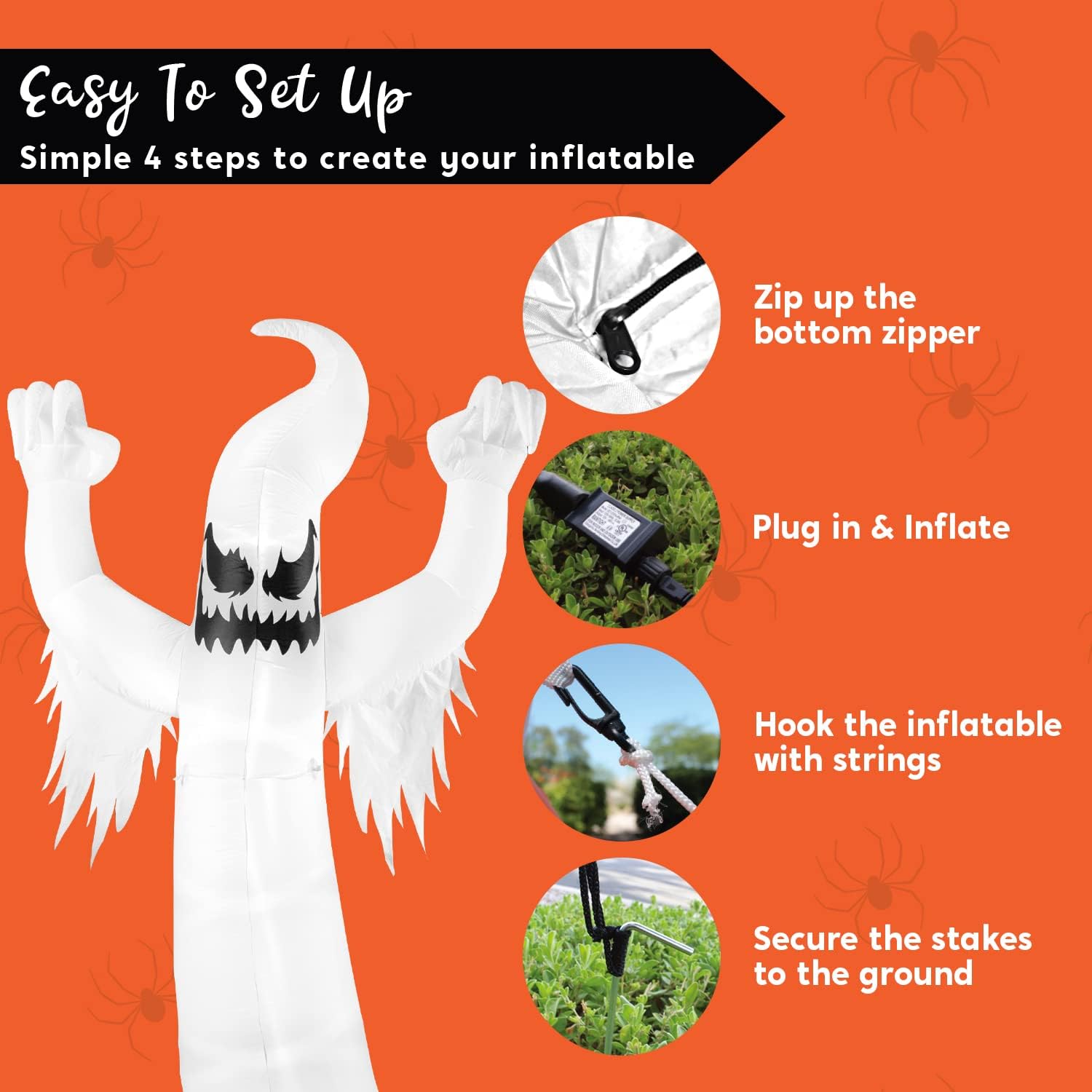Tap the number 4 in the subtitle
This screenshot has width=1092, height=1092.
click(152, 158)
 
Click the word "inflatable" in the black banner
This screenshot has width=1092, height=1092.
click(612, 158)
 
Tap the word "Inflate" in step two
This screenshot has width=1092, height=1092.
click(957, 527)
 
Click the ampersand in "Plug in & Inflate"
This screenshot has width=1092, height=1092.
click(882, 528)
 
